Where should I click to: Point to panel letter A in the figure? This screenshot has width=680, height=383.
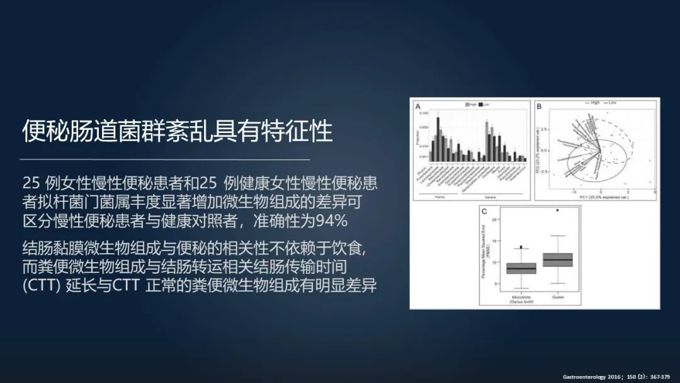[x=417, y=107]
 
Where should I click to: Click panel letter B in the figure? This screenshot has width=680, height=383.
[x=540, y=107]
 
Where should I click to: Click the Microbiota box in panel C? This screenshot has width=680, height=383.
[x=521, y=268]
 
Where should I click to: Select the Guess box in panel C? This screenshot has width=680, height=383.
[x=557, y=260]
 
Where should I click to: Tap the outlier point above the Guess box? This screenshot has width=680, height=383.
[x=557, y=210]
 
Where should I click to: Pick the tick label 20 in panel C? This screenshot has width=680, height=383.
[x=494, y=219]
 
